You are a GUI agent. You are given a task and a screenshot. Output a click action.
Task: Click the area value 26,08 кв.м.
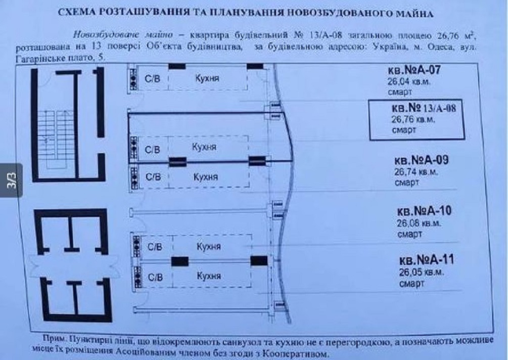coord(417,223)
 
